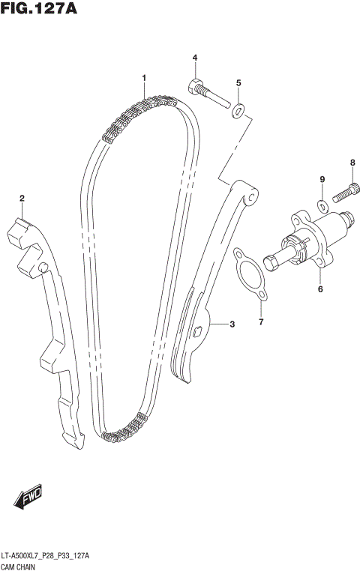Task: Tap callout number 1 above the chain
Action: coord(143,78)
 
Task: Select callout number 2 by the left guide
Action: coord(22,199)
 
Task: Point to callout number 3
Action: coord(232,324)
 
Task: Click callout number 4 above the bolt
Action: coord(194,58)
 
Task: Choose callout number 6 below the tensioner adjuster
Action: coord(319,288)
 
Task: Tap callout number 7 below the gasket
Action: coord(261,323)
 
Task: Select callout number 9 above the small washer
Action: coord(322,180)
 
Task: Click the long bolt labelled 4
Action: coord(208,94)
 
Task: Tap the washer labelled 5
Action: coord(238,112)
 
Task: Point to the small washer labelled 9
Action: coord(322,205)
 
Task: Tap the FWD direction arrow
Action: coord(29,498)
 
